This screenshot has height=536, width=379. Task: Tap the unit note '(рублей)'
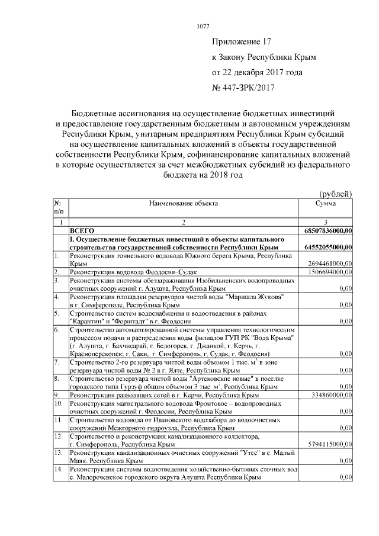point(336,193)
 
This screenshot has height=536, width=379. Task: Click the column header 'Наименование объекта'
point(184,203)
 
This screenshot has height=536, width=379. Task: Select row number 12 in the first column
point(57,436)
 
